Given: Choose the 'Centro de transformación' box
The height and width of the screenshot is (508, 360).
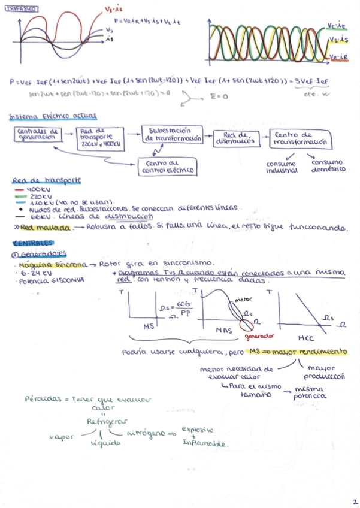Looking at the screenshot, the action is point(301,138).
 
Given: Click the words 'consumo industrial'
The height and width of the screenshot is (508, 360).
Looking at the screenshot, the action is point(282,166).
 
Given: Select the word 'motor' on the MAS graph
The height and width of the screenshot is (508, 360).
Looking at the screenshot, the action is point(243,298).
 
